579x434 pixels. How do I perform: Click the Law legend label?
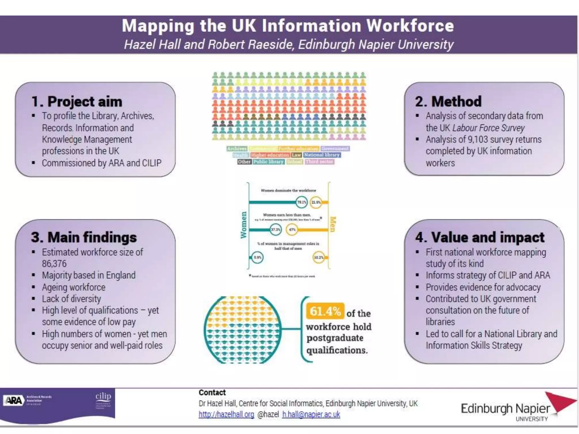pyautogui.click(x=296, y=155)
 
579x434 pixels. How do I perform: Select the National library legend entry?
pyautogui.click(x=322, y=155)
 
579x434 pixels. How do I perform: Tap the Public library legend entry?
pyautogui.click(x=268, y=162)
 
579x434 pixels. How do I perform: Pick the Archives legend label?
pyautogui.click(x=237, y=149)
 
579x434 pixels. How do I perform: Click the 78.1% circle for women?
pyautogui.click(x=302, y=202)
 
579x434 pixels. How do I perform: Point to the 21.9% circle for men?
pyautogui.click(x=316, y=202)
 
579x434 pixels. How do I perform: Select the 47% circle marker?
pyautogui.click(x=292, y=230)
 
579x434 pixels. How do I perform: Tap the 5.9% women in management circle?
pyautogui.click(x=257, y=257)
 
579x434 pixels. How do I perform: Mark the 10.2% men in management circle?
pyautogui.click(x=319, y=257)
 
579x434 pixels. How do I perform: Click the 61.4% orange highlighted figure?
pyautogui.click(x=325, y=311)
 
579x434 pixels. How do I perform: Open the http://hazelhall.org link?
pyautogui.click(x=226, y=414)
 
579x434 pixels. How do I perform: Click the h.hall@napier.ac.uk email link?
pyautogui.click(x=311, y=414)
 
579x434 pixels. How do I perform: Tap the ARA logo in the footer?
pyautogui.click(x=14, y=400)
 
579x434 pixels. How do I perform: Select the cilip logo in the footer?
pyautogui.click(x=103, y=396)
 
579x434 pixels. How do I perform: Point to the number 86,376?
pyautogui.click(x=54, y=264)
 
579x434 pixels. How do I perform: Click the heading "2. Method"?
pyautogui.click(x=448, y=101)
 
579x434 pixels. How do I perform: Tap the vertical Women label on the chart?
pyautogui.click(x=243, y=225)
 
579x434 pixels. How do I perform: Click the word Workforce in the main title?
pyautogui.click(x=410, y=26)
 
